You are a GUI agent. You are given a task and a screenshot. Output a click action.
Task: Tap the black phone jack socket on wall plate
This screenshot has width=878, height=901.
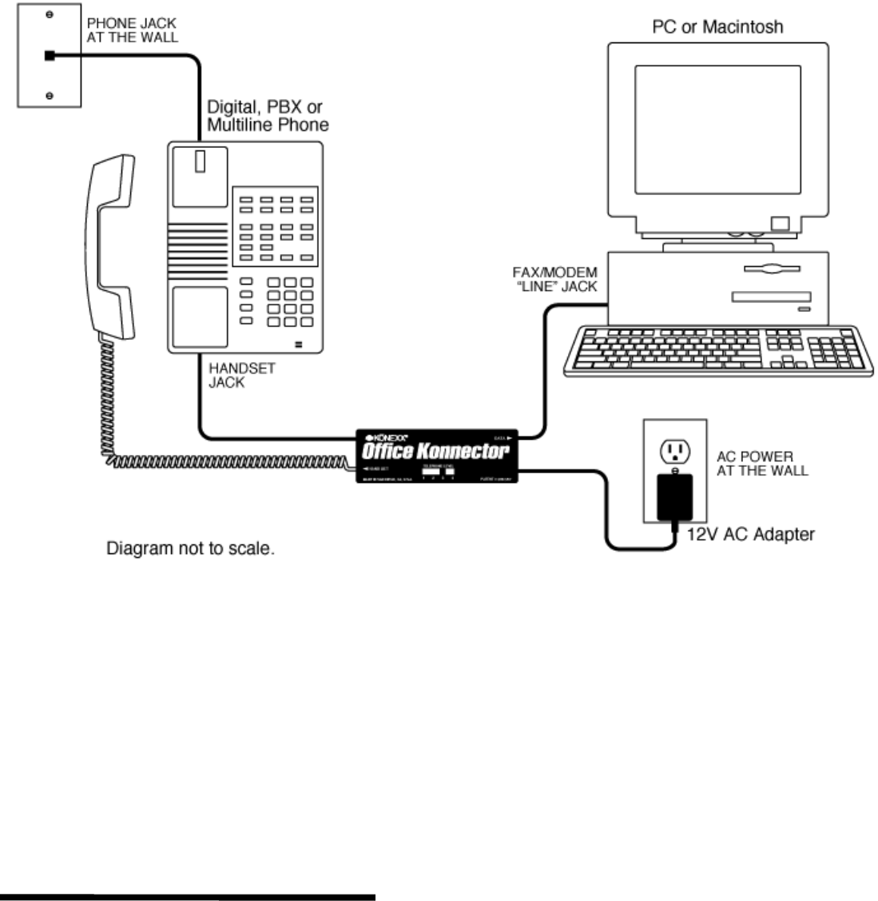tap(50, 56)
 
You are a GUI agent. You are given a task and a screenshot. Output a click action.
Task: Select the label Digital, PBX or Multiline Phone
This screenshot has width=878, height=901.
tap(268, 116)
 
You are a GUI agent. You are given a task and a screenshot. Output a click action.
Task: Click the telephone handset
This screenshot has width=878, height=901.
tap(109, 248)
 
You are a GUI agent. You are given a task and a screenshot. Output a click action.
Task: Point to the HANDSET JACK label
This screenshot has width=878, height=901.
tap(237, 376)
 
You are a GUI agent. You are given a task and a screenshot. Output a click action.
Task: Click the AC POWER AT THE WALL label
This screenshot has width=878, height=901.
tap(761, 463)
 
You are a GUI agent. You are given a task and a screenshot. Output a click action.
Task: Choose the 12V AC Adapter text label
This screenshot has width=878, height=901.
tap(751, 533)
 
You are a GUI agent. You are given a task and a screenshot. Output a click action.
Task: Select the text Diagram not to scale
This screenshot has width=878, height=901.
tap(191, 550)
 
